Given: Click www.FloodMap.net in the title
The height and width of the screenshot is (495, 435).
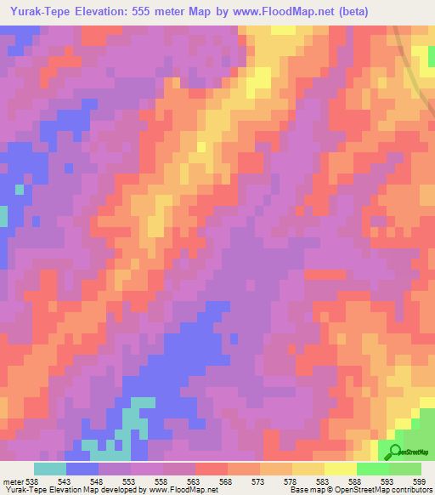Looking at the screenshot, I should (x=316, y=12).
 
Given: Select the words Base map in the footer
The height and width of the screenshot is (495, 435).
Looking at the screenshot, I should (x=305, y=488).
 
